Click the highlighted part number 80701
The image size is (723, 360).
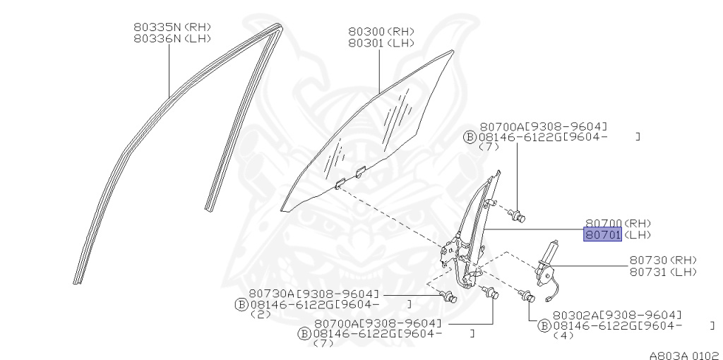point(602,235)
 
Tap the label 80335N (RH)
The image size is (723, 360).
point(172,28)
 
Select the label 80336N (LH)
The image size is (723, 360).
point(172,39)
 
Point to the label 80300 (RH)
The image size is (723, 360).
point(381,32)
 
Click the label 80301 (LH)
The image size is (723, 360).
point(381,43)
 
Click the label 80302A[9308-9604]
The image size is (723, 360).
point(617,315)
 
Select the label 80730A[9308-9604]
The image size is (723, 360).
point(313,293)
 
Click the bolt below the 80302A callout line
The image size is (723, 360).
point(526,298)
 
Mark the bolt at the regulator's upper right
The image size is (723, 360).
point(519,215)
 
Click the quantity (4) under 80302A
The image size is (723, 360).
point(562,336)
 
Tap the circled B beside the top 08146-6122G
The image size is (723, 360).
point(470,137)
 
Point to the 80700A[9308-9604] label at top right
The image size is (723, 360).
point(542,126)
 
